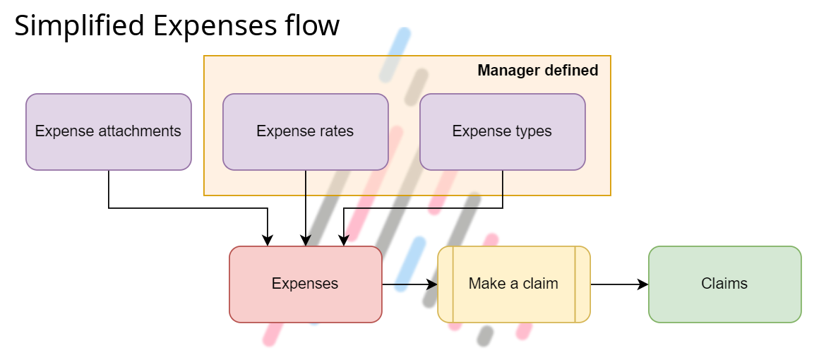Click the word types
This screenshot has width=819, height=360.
pyautogui.click(x=532, y=131)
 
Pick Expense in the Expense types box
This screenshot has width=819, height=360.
pyautogui.click(x=477, y=131)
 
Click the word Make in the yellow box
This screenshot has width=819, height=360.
pyautogui.click(x=486, y=284)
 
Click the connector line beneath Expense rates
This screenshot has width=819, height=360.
pyautogui.click(x=306, y=183)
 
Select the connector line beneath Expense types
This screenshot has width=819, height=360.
pyautogui.click(x=503, y=183)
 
